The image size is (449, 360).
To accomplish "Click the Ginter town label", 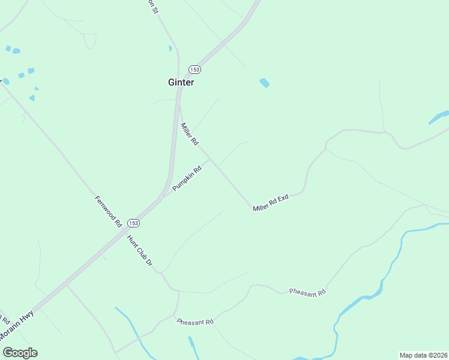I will click(x=181, y=83).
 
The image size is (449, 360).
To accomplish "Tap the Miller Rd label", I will click(x=190, y=134).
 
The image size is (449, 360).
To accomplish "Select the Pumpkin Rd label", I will click(x=187, y=179).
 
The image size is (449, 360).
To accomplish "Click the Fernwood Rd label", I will click(x=109, y=211).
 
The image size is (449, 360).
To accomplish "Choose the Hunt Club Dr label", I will click(x=140, y=251).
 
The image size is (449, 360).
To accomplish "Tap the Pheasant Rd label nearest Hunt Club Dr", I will click(x=195, y=322).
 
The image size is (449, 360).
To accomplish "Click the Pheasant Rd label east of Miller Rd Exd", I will click(x=307, y=292).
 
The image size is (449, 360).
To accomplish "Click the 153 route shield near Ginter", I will click(x=194, y=70).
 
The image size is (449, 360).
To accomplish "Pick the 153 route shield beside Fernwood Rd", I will click(x=133, y=223).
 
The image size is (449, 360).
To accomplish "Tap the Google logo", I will click(x=20, y=353).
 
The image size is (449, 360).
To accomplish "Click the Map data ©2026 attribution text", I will click(x=423, y=355).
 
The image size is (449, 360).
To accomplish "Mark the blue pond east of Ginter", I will click(x=264, y=83).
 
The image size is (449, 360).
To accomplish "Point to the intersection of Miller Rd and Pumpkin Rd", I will click(x=209, y=158).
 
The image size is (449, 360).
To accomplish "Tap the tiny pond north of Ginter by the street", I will click(x=170, y=49).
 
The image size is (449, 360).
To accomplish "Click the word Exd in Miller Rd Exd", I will click(x=283, y=197).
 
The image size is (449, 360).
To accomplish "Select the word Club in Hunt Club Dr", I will click(x=141, y=251).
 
